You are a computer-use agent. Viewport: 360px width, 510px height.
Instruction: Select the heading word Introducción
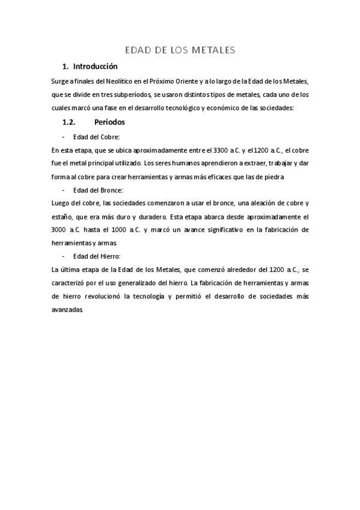pyautogui.click(x=95, y=66)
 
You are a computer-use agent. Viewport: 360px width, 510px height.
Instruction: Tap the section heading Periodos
pyautogui.click(x=109, y=121)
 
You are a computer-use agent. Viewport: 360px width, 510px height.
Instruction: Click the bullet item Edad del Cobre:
pyautogui.click(x=96, y=137)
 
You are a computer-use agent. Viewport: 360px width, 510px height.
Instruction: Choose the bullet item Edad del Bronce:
pyautogui.click(x=97, y=190)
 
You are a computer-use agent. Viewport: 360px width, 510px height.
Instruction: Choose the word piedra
pyautogui.click(x=273, y=177)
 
